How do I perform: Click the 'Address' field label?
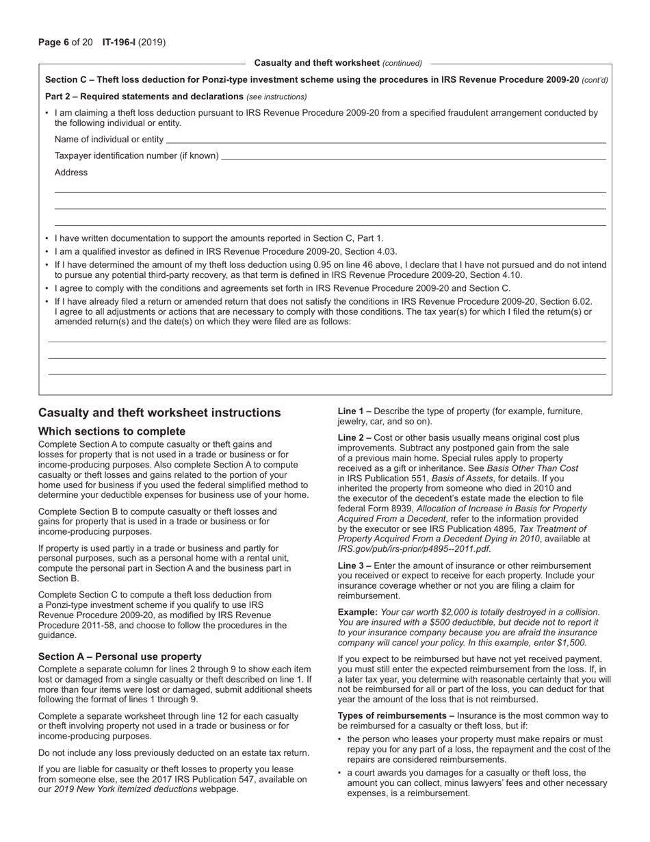tap(71, 173)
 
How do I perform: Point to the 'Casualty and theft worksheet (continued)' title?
tap(338, 63)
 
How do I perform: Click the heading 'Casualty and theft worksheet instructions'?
tap(159, 413)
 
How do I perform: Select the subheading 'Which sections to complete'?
tap(112, 431)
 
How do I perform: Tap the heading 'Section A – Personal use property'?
tap(120, 656)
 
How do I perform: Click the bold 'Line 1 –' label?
tap(354, 411)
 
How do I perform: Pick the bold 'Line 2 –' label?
tap(354, 437)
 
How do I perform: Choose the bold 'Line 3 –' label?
tap(354, 565)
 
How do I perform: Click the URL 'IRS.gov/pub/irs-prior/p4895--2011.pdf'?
tap(413, 548)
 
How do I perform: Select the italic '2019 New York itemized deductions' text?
tap(125, 789)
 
